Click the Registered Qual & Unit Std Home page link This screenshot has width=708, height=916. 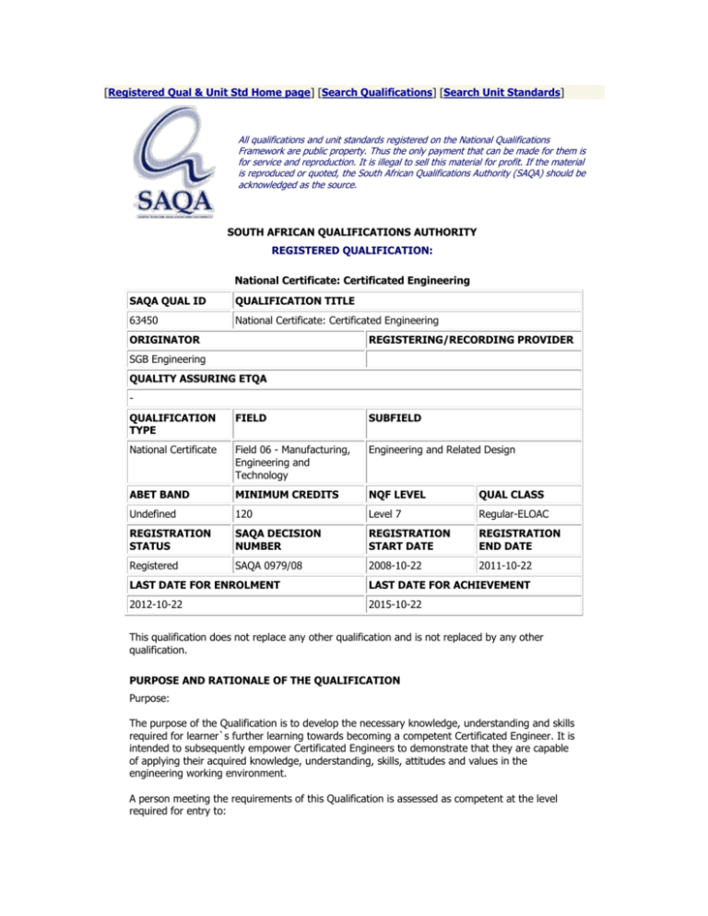(x=198, y=92)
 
